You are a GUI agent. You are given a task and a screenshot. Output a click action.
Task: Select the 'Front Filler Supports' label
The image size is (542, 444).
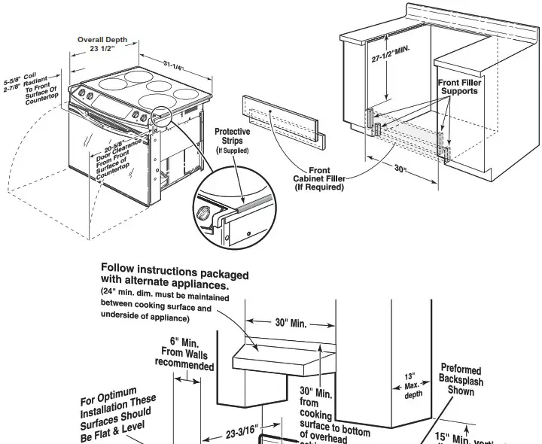point(458,87)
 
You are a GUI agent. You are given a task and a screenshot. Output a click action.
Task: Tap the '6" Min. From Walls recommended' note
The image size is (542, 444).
point(184,353)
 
